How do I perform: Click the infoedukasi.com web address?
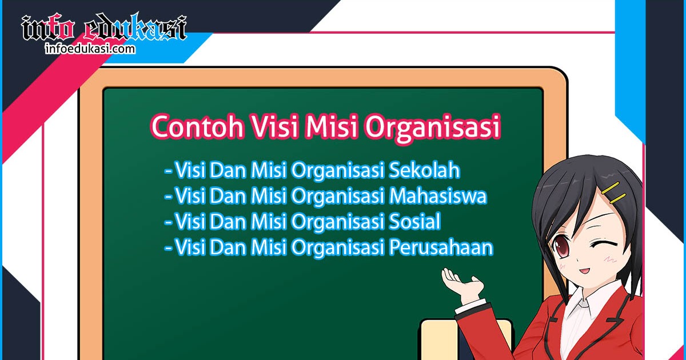[x=90, y=49]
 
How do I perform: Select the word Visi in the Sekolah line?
[x=191, y=170]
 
